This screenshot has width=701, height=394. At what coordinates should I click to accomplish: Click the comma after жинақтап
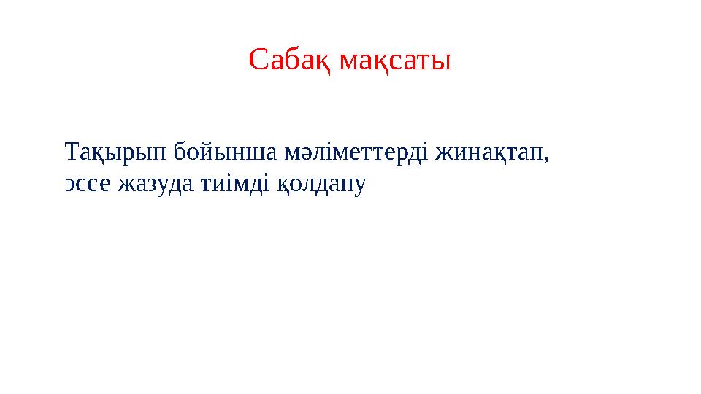[x=546, y=158]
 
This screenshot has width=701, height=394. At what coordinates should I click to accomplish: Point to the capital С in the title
[x=258, y=61]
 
